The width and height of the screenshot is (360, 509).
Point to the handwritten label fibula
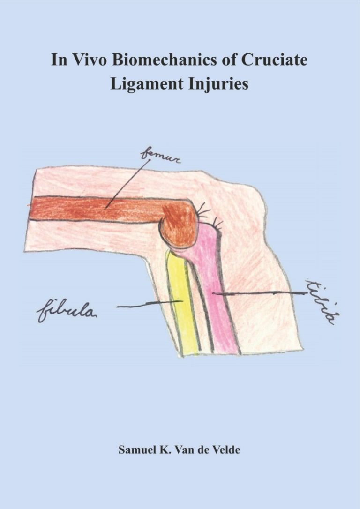click(x=67, y=312)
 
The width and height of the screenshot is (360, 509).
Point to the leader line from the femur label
click(x=128, y=184)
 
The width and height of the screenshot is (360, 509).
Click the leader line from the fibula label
click(x=150, y=304)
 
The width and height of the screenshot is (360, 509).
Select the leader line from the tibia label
click(x=259, y=293)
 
